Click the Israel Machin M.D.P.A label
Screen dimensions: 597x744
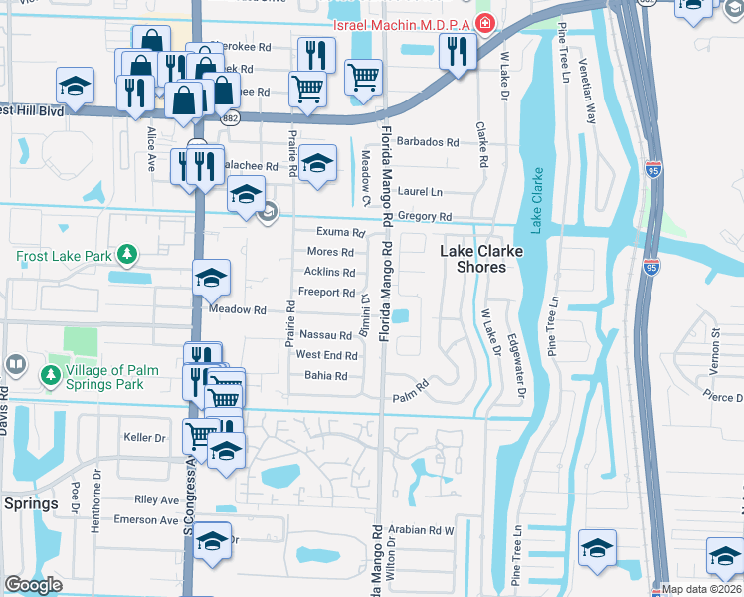pos(405,23)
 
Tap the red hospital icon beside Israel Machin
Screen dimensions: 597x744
pos(485,23)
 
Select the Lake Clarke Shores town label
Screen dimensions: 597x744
pos(473,260)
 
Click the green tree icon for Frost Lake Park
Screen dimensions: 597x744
pos(126,255)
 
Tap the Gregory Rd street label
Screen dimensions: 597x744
pos(424,216)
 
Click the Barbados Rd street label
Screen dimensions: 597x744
pos(428,142)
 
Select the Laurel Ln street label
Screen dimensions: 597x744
pos(419,191)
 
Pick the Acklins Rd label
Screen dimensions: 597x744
pos(329,272)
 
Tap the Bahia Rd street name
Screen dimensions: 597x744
pos(325,376)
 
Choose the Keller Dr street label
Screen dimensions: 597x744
pos(143,437)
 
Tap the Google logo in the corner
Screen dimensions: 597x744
pos(33,585)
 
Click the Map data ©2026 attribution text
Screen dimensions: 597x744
pos(702,589)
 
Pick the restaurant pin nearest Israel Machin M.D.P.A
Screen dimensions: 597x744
pos(457,51)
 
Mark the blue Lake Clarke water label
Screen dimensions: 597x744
pos(538,200)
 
